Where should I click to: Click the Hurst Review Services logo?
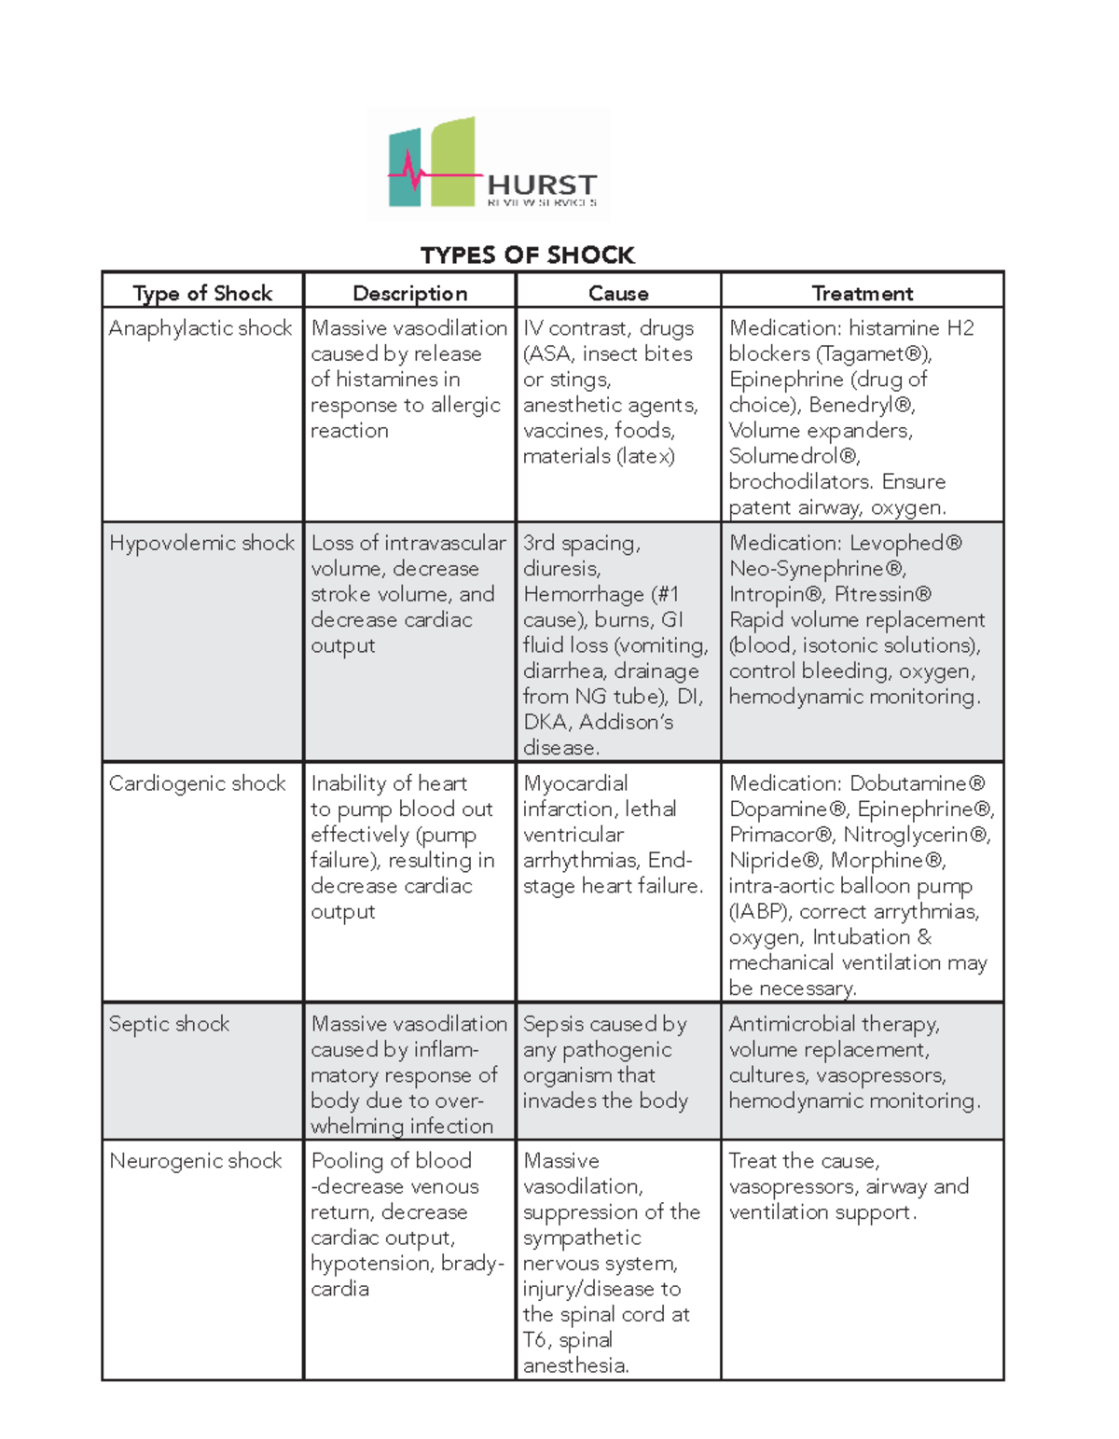(x=490, y=164)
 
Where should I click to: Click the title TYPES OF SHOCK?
(x=527, y=255)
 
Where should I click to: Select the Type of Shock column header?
(x=202, y=293)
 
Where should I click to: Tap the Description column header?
(x=409, y=293)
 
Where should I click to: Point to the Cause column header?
(x=618, y=293)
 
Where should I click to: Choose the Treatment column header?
(x=863, y=293)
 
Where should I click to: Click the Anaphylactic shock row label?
(x=200, y=328)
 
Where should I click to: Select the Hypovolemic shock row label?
(x=201, y=543)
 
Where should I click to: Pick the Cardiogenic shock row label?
(x=197, y=783)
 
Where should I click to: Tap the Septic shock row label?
(x=169, y=1024)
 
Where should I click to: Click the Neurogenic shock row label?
(x=195, y=1161)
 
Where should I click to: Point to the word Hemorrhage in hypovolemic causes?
(x=584, y=594)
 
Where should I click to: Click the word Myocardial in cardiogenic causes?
(x=575, y=783)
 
